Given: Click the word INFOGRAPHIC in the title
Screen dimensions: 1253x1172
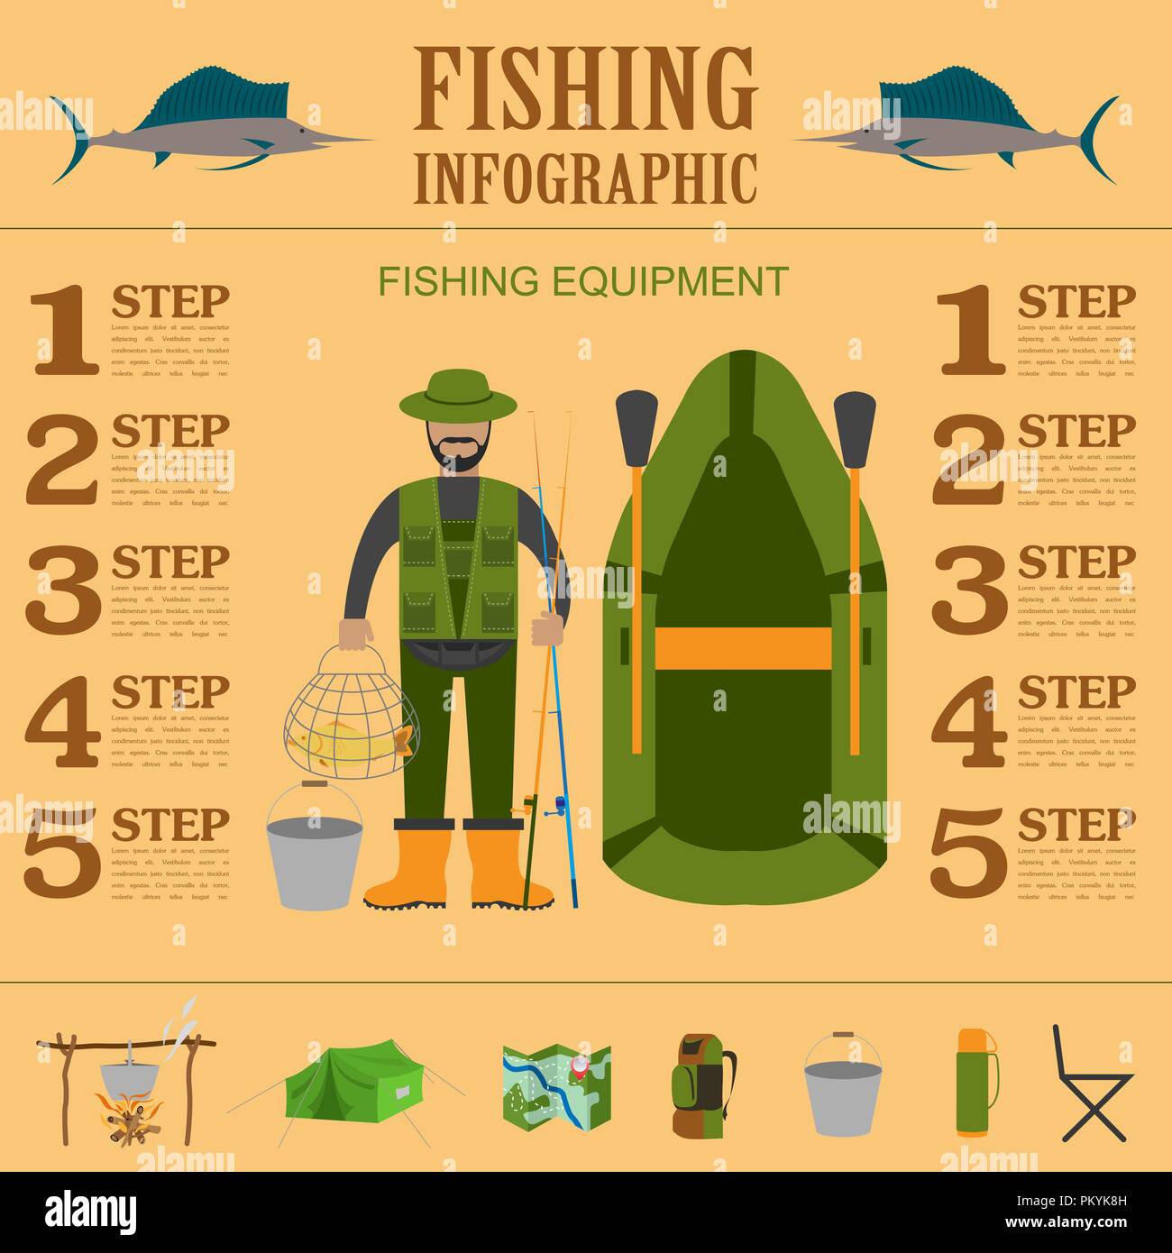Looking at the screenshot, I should coord(586,178).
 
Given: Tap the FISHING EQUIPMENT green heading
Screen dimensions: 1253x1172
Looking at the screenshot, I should coord(583,281).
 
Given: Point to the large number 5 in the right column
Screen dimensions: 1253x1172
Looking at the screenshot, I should coord(967,851).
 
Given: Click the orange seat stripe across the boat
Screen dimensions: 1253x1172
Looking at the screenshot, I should coord(742,647).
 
